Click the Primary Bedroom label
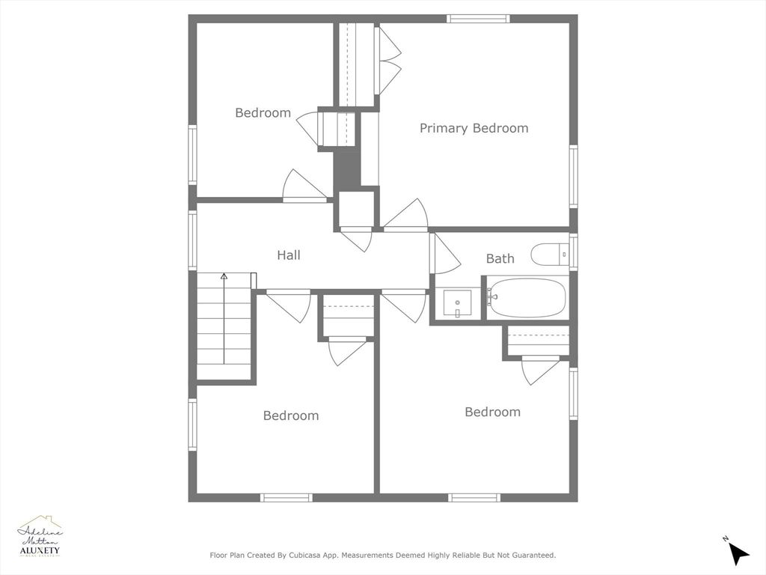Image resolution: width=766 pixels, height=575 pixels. pos(474,128)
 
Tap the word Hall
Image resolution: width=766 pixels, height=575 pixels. pos(289,255)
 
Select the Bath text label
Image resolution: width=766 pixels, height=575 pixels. pos(500,258)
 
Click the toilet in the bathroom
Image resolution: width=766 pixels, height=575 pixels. pos(549,255)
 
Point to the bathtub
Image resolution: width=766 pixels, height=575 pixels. pos(528,298)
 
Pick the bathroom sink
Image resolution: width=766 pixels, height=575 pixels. pos(456,303)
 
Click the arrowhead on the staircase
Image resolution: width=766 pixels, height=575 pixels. pos(224,277)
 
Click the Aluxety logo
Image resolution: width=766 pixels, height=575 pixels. pos(40,537)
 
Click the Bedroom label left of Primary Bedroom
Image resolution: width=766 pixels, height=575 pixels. pos(263,113)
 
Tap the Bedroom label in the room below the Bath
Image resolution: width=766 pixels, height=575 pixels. pos(492,412)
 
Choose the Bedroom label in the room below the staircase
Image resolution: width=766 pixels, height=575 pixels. pos(290,416)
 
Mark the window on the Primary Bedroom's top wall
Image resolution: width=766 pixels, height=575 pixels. pos(478,19)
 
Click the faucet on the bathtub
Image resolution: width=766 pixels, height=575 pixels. pos(491,298)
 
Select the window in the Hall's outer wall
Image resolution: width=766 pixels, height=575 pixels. pos(192,240)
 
